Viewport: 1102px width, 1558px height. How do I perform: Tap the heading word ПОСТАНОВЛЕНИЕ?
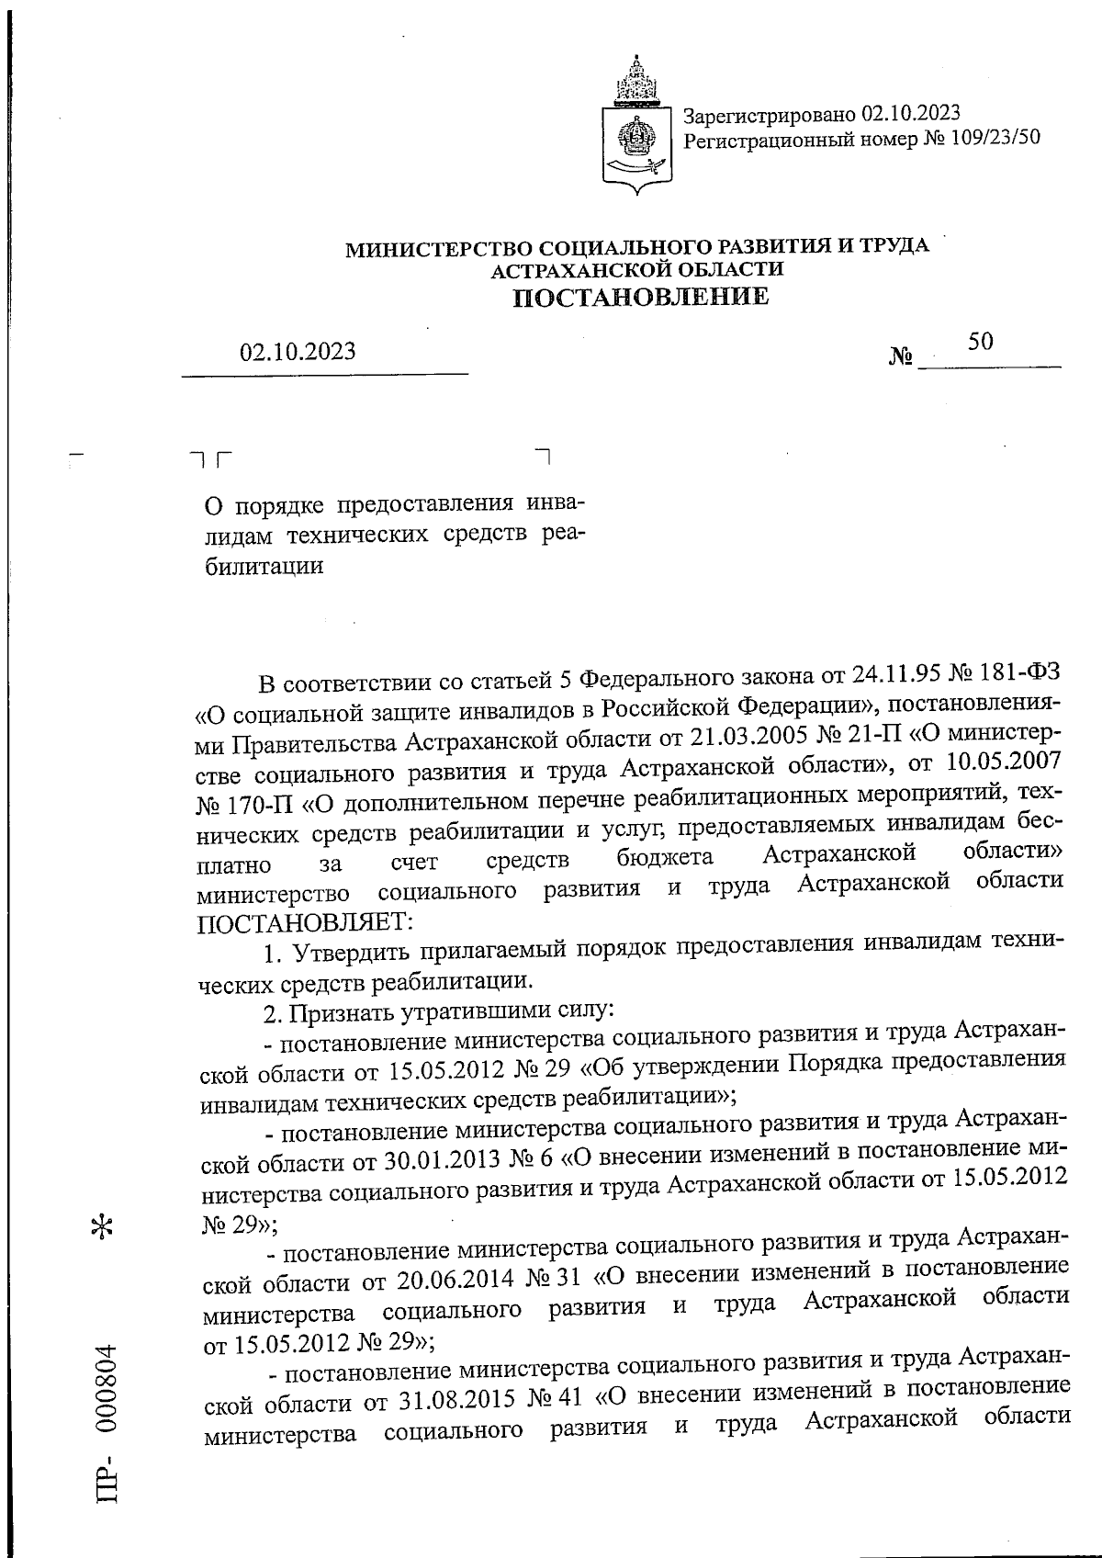coord(639,296)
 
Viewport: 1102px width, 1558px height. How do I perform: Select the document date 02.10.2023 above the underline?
coord(298,352)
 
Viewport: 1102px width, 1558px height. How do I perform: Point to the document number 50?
coord(980,342)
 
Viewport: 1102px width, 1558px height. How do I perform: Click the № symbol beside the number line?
coord(901,356)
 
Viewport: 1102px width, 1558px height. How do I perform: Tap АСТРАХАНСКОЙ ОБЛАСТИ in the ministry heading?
coord(637,269)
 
